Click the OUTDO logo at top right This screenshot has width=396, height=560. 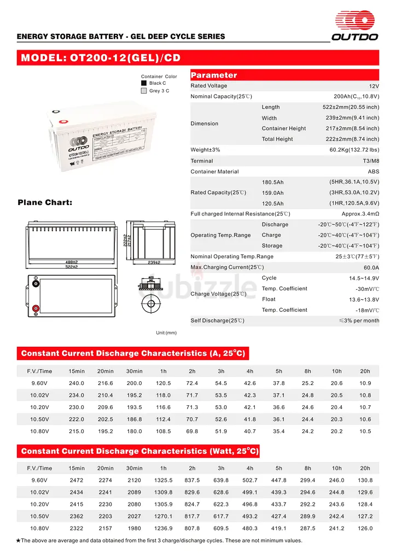point(356,26)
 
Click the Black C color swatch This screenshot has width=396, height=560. point(144,83)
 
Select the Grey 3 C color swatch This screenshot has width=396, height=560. point(144,91)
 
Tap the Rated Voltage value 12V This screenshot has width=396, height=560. point(374,86)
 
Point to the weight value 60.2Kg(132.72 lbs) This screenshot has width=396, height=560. point(354,150)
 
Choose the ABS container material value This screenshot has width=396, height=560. point(373,172)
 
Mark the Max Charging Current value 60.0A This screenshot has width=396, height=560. point(371,267)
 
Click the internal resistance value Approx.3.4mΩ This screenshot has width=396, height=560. point(360,214)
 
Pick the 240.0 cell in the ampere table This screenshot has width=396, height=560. point(77,383)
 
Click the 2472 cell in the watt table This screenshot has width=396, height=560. point(77,480)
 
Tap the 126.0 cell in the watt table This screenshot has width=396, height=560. point(365,528)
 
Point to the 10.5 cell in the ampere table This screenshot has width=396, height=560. point(365,431)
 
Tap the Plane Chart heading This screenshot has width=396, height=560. point(45,202)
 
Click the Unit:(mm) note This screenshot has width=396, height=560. point(166,332)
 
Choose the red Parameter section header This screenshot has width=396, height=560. point(214,75)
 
